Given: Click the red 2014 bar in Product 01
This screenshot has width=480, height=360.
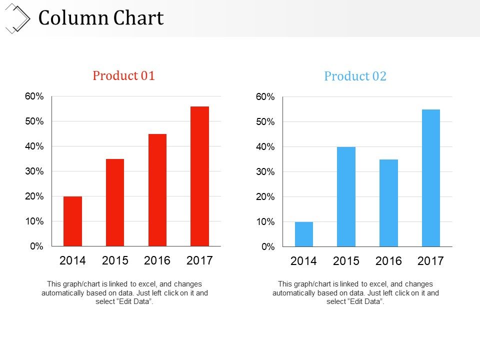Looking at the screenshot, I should coord(72,221).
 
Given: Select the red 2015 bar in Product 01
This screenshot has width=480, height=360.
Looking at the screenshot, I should coord(115,202).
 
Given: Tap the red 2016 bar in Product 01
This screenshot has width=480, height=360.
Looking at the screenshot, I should coord(157,190).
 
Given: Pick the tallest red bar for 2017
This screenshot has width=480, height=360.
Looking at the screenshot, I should coord(199,176).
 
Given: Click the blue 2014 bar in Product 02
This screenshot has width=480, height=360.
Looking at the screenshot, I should coord(304,234).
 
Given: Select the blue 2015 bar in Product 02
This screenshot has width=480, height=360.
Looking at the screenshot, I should coord(346,196).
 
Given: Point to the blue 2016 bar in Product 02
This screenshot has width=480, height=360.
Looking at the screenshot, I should coord(388,203).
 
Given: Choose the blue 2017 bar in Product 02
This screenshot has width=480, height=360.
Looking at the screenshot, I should coord(430,178).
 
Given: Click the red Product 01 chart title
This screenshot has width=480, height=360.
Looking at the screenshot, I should coord(124,75).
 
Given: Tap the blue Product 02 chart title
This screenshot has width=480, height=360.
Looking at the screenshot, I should coord(355,76).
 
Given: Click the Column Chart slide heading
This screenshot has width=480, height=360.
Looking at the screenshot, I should coord(101,18).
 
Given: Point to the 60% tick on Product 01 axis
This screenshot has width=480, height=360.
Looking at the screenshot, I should coord(34,96).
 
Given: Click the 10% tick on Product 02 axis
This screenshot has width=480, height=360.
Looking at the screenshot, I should coord(265,221).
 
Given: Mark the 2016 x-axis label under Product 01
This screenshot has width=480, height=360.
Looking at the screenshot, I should coord(157,260).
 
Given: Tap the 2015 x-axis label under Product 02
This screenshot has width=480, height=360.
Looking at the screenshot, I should coord(346,261).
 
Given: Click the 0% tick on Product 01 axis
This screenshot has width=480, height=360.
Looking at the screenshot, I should coord(36,246).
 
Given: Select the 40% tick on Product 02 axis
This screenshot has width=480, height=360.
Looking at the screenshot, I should coord(265,147).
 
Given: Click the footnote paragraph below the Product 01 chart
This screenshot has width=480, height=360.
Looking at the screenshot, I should coord(124,292).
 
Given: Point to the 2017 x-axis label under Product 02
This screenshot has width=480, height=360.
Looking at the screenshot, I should coord(430,261).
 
